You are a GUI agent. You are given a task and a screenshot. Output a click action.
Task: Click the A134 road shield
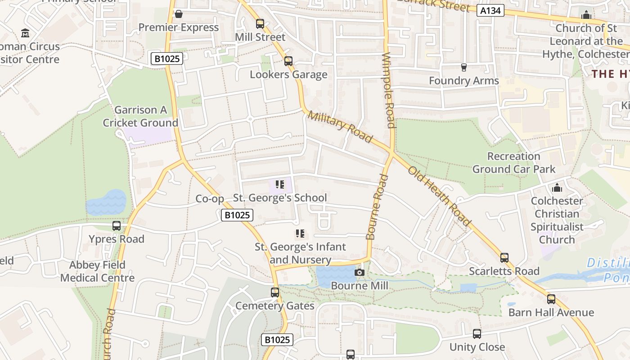[x=490, y=10]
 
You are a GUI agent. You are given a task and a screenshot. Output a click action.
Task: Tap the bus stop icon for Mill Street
[x=260, y=24]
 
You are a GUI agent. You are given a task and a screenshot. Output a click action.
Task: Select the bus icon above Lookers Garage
[x=288, y=61]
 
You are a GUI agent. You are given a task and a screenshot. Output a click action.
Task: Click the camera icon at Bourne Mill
[x=359, y=272]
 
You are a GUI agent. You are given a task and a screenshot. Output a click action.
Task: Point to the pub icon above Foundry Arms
[x=463, y=67]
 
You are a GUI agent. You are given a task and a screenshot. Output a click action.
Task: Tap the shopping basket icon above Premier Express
[x=179, y=14]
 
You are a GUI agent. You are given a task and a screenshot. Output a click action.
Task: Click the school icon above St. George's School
[x=280, y=184]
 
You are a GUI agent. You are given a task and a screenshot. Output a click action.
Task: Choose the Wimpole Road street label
[x=388, y=90]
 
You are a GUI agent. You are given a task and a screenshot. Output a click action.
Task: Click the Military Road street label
[x=340, y=127]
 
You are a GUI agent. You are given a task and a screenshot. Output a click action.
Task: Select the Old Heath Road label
[x=439, y=196]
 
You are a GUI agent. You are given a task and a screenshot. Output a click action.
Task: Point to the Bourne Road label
[x=377, y=207]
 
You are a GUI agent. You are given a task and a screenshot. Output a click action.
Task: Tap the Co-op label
[x=210, y=199]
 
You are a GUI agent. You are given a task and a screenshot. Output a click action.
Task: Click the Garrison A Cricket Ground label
[x=140, y=116]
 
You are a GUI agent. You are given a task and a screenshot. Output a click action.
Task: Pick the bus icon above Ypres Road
[x=117, y=226]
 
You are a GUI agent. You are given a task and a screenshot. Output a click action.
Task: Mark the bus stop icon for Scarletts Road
[x=504, y=258]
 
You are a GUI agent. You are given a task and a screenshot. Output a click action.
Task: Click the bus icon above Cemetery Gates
[x=275, y=292]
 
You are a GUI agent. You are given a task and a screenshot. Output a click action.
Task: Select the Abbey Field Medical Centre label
[x=97, y=271]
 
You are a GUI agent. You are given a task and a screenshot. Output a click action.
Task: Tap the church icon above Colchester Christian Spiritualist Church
[x=557, y=188]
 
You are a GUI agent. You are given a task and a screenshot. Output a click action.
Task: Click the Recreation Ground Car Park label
[x=513, y=163]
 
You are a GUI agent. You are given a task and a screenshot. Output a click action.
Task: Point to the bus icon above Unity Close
[x=477, y=334]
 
